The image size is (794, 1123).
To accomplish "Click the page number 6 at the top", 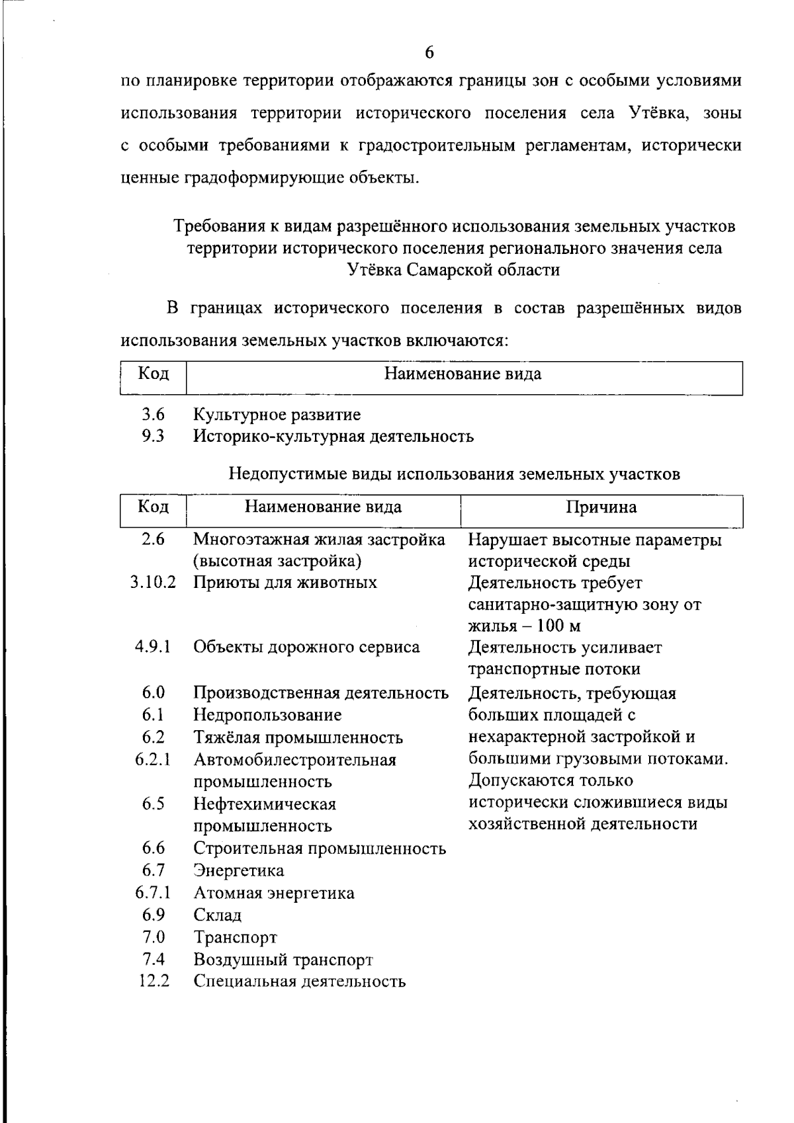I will pos(429,52).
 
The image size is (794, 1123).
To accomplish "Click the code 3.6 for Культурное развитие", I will pos(153,415).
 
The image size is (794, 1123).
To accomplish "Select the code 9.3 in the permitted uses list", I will pos(153,437).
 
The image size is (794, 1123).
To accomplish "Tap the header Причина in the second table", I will pos(601,507).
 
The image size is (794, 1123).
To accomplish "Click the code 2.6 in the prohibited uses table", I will pos(153,540).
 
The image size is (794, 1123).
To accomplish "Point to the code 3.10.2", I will pos(153,583).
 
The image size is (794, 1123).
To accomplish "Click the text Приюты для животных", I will pos(285,583).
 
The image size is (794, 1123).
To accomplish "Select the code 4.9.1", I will pos(153,647).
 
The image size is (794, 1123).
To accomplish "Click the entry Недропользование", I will pos(267,715).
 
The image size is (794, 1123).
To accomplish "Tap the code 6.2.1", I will pos(153,759).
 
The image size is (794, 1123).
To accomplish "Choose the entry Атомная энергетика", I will pos(274,894).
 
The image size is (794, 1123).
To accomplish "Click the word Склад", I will pos(218,916).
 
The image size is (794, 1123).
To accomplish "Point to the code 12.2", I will pos(154,981).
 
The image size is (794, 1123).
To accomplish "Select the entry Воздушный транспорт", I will pos(283,960).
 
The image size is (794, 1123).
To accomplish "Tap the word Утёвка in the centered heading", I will pos(376,270).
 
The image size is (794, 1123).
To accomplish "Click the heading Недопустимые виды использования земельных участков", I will pos(454,474).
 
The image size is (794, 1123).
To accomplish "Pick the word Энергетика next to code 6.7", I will pos(239,871).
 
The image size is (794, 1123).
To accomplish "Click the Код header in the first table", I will pos(153,374).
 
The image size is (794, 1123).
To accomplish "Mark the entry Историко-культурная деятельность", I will pos(333,437).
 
